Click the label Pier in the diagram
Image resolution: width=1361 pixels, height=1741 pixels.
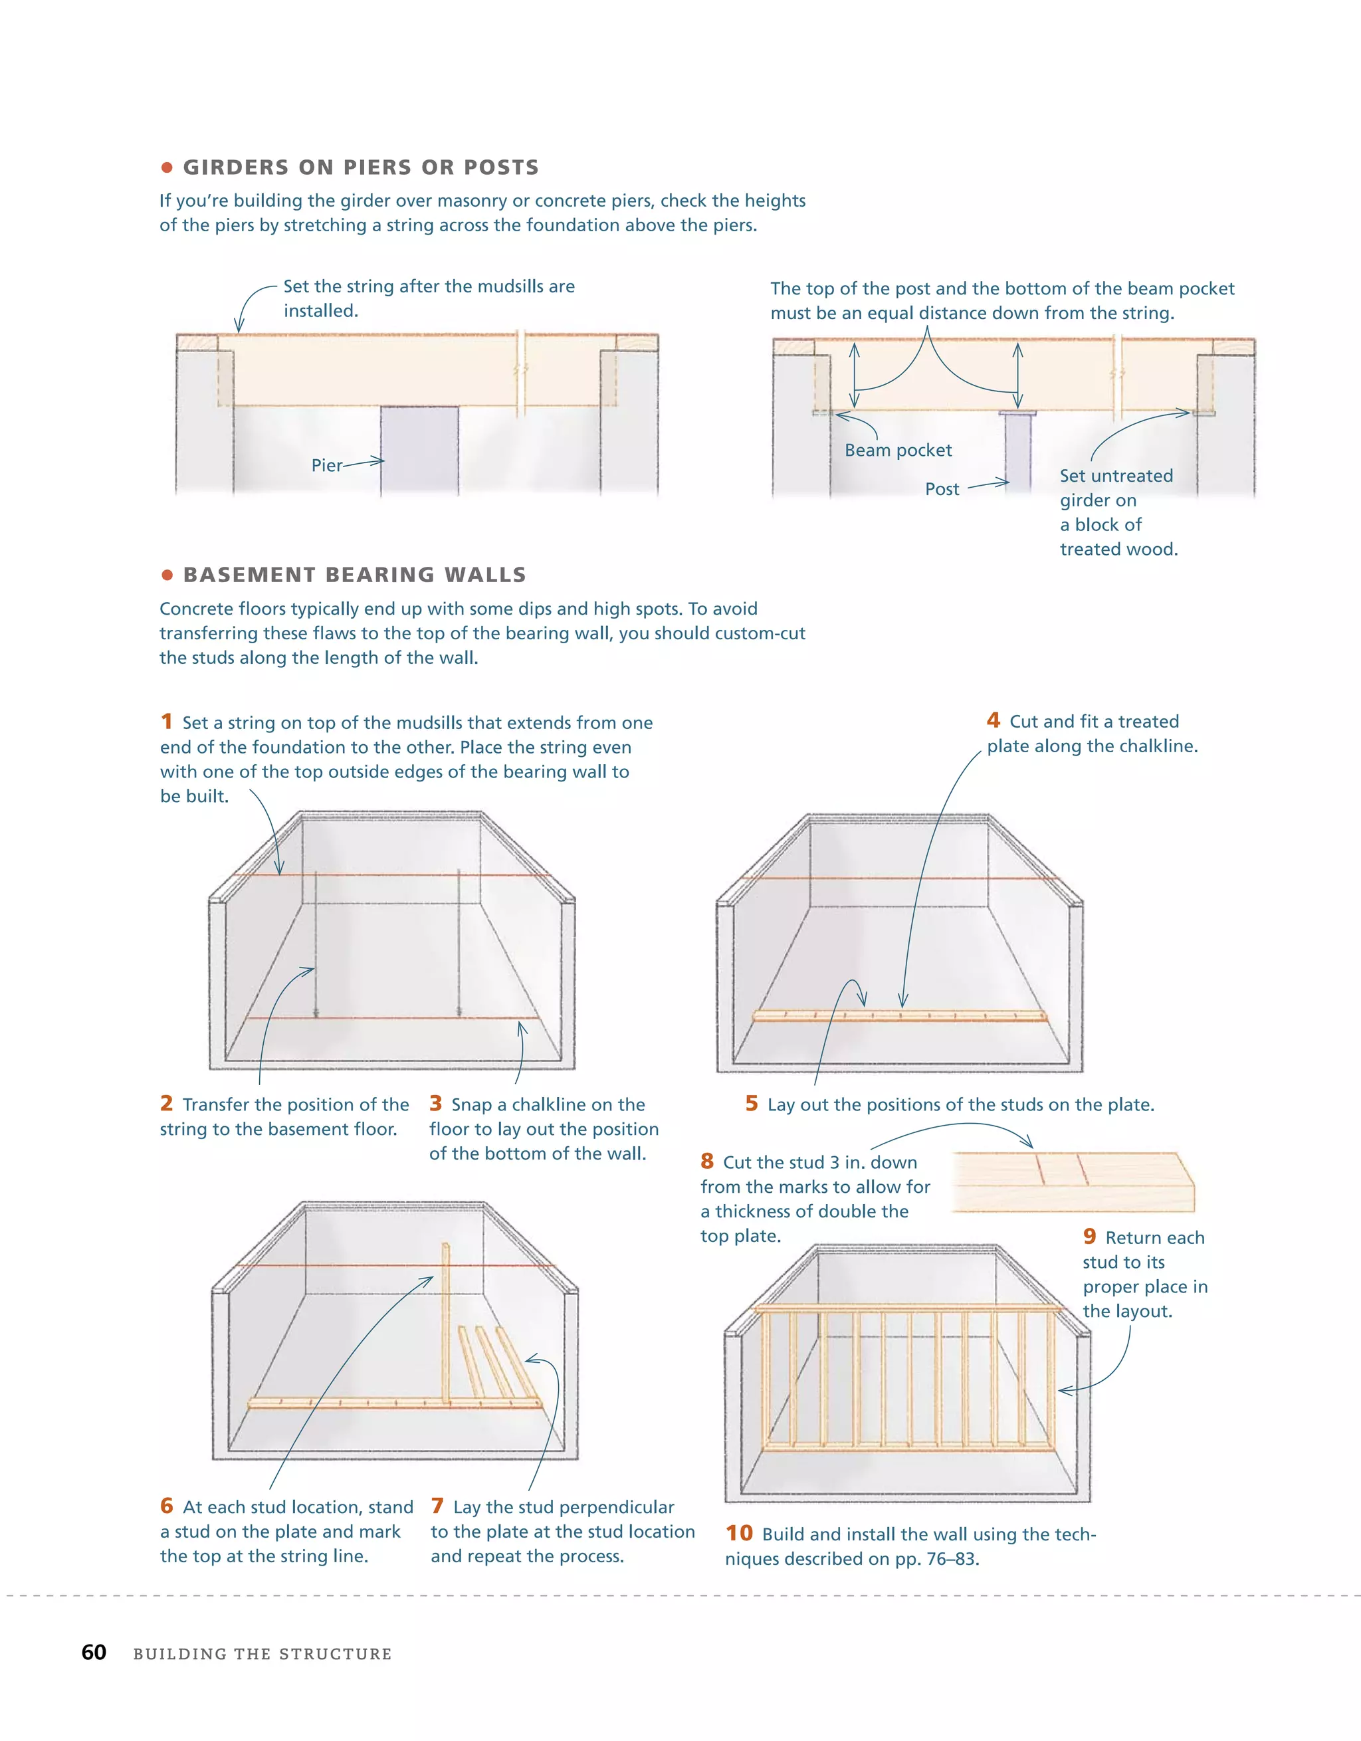pos(326,466)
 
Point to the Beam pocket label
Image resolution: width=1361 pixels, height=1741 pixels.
pos(898,451)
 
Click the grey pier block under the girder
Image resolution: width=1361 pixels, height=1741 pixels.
pos(419,450)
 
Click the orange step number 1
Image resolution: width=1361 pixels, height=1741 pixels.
pos(166,722)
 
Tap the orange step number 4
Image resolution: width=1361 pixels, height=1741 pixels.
pos(993,720)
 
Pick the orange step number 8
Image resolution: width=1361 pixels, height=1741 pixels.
pos(706,1162)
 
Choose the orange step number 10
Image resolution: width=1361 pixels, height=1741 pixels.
pos(738,1533)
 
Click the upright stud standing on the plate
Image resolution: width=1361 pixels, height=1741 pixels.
pos(446,1323)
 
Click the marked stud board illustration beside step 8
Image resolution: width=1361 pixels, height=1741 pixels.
pos(1073,1181)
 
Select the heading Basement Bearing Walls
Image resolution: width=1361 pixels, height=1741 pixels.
pos(355,575)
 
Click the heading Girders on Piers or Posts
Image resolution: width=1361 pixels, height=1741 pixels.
pos(361,167)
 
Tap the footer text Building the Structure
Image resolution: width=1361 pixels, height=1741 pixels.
pos(262,1654)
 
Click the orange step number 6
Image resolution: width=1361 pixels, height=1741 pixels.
pos(166,1506)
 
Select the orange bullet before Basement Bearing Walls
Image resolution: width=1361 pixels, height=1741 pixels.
pos(167,575)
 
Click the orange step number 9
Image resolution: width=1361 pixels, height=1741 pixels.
pos(1089,1237)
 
